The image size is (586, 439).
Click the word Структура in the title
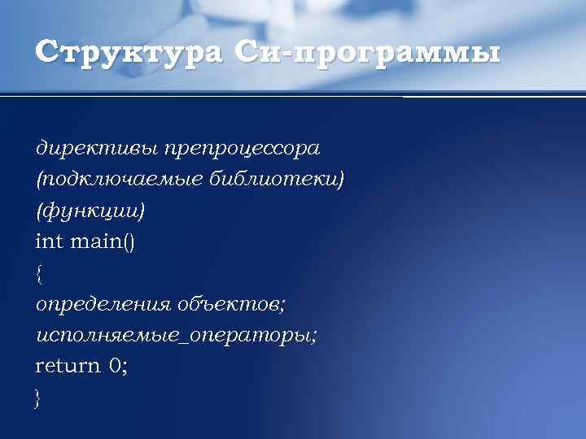click(128, 53)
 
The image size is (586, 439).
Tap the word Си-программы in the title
click(365, 53)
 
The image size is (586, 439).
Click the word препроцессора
click(242, 149)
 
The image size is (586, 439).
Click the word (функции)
click(90, 211)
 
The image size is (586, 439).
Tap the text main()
click(103, 241)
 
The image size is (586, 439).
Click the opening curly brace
click(39, 273)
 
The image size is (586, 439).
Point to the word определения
click(103, 304)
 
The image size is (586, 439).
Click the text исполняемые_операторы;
click(177, 335)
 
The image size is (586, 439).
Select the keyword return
click(68, 366)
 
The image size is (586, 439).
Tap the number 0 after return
click(115, 366)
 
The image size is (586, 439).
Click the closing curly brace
click(39, 398)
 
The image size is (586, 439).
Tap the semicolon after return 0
click(125, 367)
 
